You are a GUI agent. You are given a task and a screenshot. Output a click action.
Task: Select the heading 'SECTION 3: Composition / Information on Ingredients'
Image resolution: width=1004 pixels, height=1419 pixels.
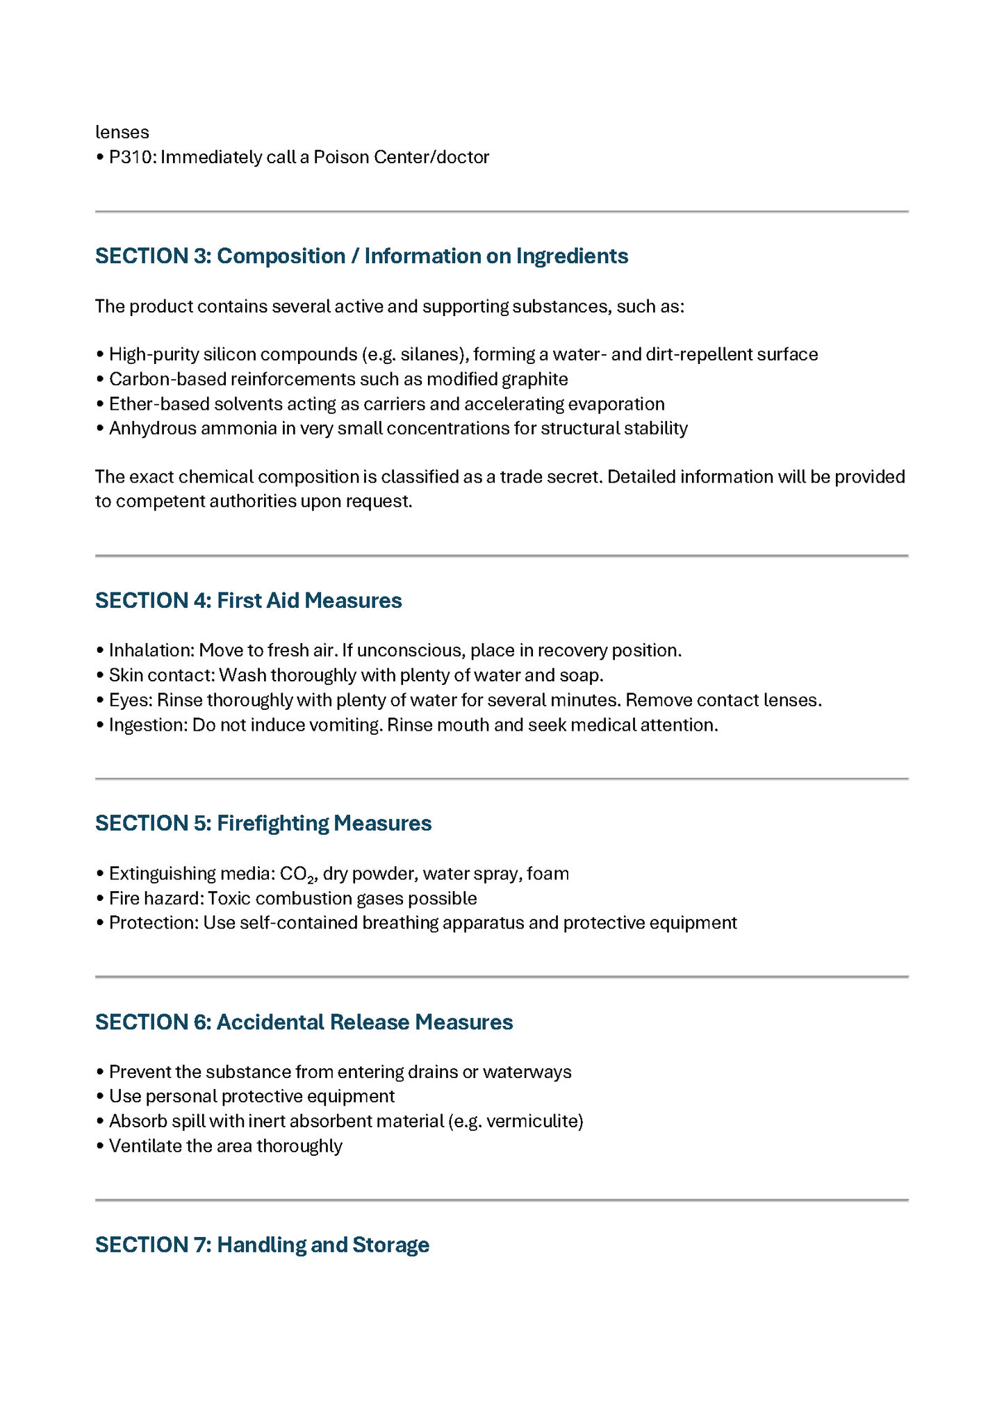point(361,256)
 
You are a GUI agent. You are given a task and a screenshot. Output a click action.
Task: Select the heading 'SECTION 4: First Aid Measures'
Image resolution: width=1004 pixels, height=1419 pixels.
point(248,601)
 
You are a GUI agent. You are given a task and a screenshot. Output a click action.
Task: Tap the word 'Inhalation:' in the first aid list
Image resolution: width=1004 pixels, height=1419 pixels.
point(151,651)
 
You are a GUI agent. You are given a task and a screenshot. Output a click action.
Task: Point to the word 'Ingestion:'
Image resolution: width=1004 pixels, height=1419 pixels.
point(148,725)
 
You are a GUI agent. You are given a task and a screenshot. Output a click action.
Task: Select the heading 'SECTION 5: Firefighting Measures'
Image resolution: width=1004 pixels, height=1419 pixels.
point(263,823)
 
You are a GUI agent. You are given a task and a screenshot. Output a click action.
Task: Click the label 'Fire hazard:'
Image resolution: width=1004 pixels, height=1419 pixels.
point(156,899)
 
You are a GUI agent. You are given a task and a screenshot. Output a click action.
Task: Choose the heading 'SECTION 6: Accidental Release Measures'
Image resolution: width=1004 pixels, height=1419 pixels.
point(304,1022)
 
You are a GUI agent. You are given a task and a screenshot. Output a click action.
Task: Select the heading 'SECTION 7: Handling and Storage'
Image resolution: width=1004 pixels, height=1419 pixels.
point(262,1245)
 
